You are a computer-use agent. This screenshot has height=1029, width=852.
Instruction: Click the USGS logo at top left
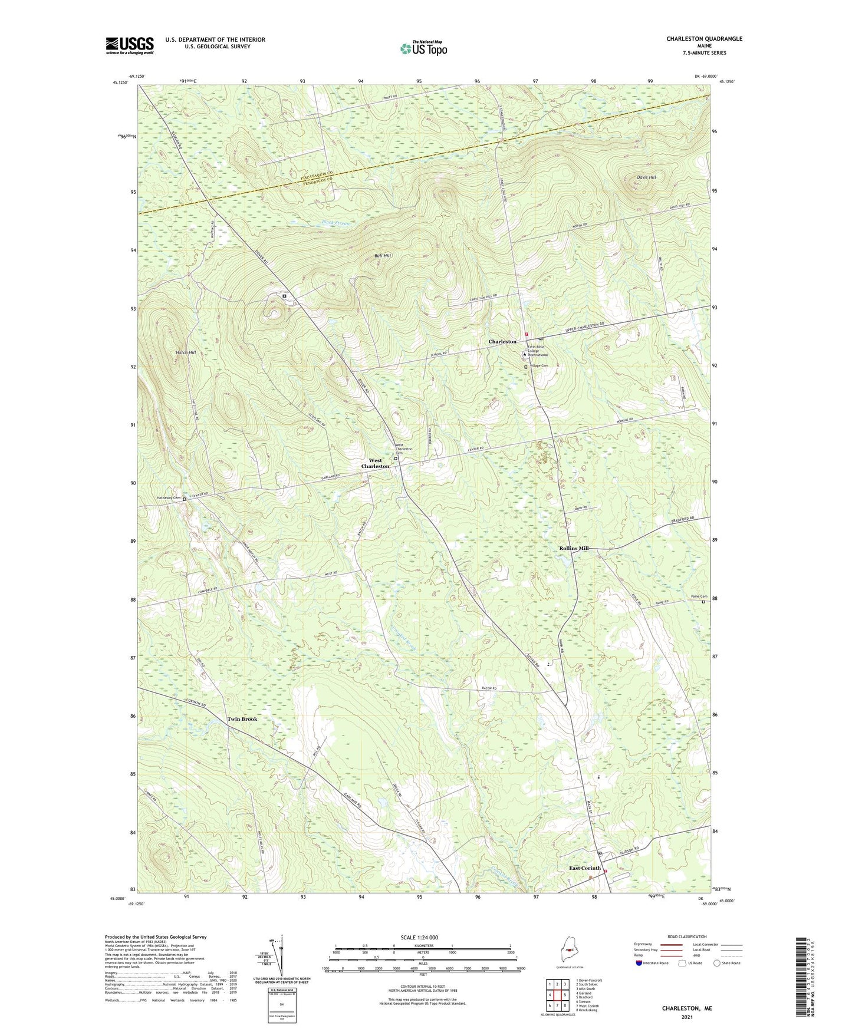(130, 45)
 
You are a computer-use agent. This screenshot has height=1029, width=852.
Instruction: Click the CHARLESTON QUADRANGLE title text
(704, 39)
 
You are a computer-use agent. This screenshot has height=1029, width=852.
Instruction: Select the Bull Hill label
(383, 256)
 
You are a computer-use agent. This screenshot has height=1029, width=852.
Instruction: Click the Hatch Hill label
(186, 352)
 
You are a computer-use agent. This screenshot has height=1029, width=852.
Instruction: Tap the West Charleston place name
(375, 463)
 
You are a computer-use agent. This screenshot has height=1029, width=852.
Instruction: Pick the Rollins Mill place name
(574, 548)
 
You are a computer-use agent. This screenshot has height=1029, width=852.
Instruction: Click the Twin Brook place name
(242, 719)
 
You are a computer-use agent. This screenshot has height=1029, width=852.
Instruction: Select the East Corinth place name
(584, 868)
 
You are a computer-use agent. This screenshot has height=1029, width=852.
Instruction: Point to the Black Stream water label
(336, 223)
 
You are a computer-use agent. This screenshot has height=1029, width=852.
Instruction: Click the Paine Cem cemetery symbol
(703, 602)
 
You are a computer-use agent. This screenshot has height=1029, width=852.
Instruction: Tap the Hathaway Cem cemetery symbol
(184, 499)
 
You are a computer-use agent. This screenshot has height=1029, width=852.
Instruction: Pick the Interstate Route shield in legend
(640, 963)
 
